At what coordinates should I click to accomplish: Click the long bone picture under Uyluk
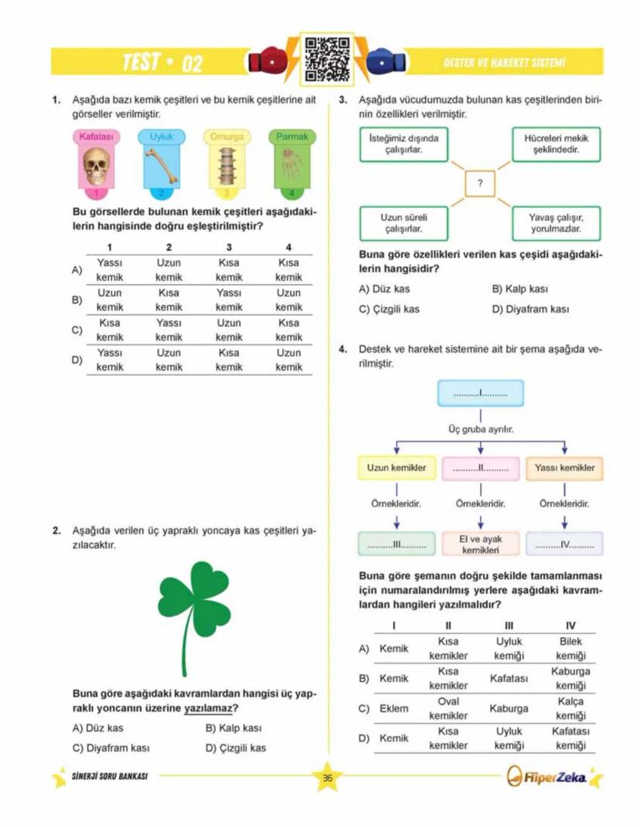(162, 165)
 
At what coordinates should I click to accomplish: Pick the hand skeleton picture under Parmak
(291, 165)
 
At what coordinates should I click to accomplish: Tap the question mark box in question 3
(480, 184)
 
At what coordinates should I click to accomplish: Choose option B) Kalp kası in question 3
(519, 290)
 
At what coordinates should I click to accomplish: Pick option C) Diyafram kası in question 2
(111, 747)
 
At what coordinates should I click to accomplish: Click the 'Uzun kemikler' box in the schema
(397, 468)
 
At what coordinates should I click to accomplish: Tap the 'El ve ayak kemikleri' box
(482, 544)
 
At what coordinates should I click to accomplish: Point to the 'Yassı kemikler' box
(565, 468)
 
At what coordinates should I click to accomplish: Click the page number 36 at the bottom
(327, 778)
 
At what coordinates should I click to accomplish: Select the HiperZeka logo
(550, 778)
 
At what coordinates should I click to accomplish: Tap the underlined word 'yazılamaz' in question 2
(208, 708)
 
